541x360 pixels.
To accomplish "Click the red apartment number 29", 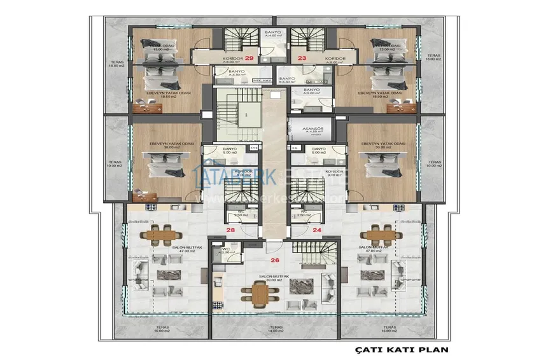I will point(249,59).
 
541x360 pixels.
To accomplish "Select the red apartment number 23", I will point(302,59).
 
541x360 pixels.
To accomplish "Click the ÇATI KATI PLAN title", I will point(401,349).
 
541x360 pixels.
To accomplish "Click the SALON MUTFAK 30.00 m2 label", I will point(274,279).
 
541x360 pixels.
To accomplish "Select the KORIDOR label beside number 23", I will point(335,59).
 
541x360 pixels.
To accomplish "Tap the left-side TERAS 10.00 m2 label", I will point(115,163).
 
